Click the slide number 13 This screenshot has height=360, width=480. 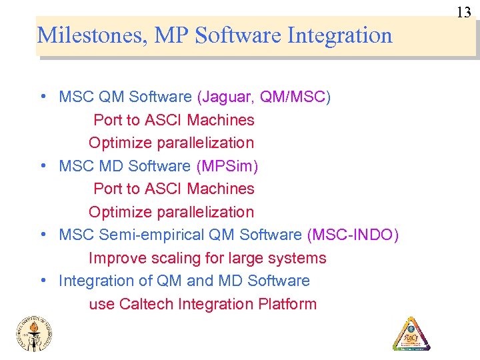464,12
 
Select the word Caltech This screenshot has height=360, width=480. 147,305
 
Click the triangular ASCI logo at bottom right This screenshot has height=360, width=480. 411,333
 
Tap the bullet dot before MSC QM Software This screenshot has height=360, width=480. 42,96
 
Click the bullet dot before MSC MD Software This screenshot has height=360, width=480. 42,165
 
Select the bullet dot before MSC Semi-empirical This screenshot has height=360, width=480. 42,235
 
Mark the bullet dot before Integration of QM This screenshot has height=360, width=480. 42,281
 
